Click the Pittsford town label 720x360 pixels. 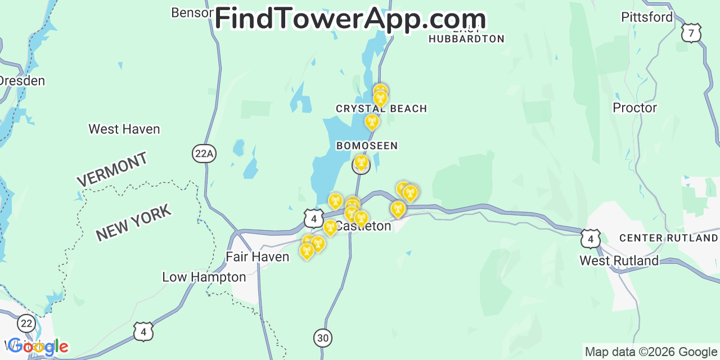647,17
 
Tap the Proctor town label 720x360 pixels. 634,107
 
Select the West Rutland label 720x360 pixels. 619,261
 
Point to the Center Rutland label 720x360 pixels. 668,238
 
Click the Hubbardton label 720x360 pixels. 466,39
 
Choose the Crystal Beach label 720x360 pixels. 381,109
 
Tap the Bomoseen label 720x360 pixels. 367,146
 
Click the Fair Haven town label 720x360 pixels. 257,257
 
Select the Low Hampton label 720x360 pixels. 204,277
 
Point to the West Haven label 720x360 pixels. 124,129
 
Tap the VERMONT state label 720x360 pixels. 112,169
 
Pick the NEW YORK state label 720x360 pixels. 133,223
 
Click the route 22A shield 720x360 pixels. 203,154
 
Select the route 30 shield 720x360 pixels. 323,337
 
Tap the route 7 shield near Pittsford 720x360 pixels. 691,33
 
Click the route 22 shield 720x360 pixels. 26,323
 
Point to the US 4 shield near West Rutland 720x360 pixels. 590,238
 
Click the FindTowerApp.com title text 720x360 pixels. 350,19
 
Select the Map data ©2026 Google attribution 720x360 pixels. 651,352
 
